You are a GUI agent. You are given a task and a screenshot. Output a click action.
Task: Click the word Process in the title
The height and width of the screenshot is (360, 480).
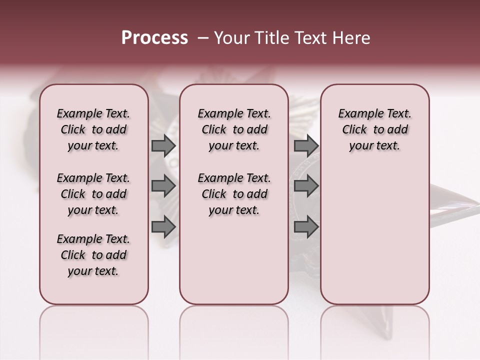click(154, 38)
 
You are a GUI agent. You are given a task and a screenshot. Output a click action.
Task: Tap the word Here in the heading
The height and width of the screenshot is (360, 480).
click(352, 38)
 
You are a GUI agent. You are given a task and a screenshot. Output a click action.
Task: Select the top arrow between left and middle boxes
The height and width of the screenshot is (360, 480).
click(163, 145)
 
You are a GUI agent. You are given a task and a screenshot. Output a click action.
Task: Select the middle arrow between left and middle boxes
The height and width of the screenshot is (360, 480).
click(163, 186)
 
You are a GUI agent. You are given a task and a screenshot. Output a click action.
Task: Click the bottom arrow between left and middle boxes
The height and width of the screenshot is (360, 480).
click(163, 227)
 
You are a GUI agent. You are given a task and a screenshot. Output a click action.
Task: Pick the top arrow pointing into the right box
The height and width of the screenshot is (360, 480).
click(306, 145)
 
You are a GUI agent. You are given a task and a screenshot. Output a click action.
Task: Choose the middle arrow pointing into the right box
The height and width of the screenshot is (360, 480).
click(306, 186)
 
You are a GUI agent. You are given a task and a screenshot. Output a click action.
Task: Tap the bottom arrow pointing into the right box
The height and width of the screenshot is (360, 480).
click(306, 227)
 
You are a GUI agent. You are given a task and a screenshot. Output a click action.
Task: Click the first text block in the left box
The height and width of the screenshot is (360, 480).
click(93, 129)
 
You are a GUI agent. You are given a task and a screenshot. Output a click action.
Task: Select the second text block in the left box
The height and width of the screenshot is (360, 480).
click(93, 194)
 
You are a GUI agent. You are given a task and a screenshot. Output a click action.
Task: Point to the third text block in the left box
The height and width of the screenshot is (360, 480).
click(93, 255)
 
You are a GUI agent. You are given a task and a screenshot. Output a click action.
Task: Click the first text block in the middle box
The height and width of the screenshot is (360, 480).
click(234, 129)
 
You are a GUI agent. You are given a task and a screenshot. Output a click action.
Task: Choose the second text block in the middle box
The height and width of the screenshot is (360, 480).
click(234, 194)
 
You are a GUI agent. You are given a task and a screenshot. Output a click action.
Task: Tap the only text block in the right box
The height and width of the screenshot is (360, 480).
click(374, 129)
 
